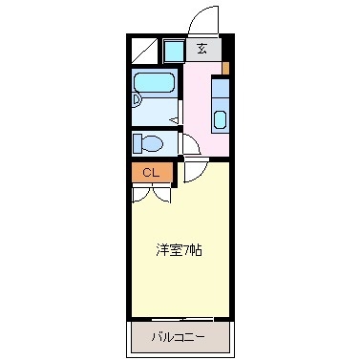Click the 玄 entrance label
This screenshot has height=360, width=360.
tap(201, 48)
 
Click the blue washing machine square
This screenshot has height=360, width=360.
tap(173, 50)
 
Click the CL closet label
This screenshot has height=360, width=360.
tap(151, 172)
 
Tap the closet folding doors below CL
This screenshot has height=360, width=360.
tap(151, 191)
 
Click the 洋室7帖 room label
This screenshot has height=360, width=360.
tap(179, 250)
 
